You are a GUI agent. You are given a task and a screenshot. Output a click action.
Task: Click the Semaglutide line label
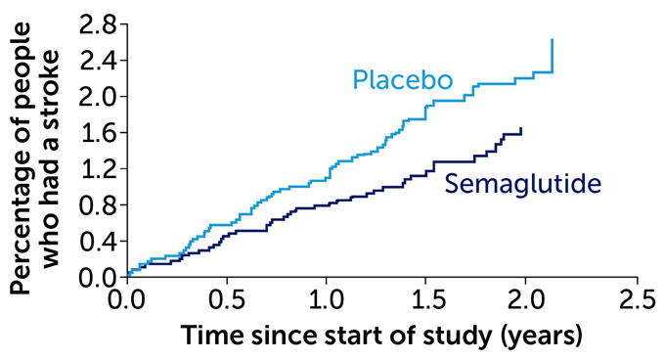[x=522, y=183]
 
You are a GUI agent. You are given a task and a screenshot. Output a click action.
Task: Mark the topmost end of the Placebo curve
[x=553, y=40]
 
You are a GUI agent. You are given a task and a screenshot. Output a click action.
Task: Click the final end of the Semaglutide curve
[x=521, y=128]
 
